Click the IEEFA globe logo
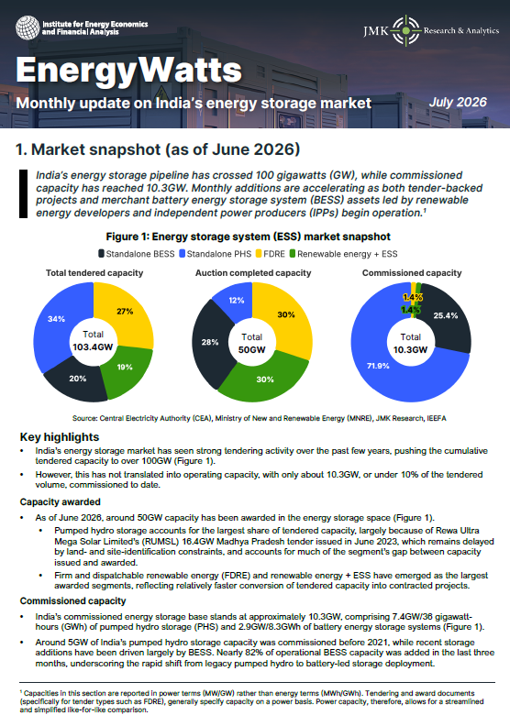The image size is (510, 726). point(28,27)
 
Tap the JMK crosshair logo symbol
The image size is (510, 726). point(405,30)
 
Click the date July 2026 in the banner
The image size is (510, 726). point(458,103)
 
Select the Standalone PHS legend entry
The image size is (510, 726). point(216,254)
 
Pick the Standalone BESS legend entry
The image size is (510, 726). point(137,254)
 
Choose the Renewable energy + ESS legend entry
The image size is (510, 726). point(343,254)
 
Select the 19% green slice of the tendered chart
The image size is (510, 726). point(127,370)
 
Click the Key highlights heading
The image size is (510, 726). point(60,437)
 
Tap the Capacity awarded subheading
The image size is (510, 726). point(61,502)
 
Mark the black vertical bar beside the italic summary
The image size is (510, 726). point(23,193)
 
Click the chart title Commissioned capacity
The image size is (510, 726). point(412,273)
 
